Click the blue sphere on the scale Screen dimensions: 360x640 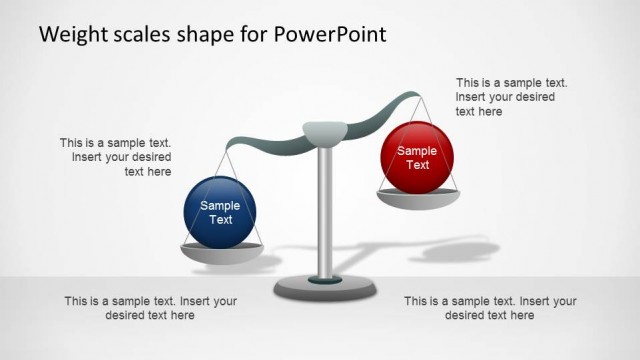click(220, 212)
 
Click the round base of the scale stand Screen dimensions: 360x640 click(324, 288)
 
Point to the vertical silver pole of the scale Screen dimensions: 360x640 click(324, 210)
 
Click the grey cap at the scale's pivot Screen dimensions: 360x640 click(324, 130)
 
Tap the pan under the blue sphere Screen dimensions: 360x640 click(219, 254)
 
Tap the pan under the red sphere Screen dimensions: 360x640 click(418, 198)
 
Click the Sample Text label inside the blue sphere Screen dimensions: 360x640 click(220, 212)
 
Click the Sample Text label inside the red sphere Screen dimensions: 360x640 click(417, 158)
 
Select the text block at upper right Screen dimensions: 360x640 click(505, 97)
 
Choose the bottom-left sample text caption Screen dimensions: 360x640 click(150, 308)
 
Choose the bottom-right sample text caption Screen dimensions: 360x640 click(490, 308)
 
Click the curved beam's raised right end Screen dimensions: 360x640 click(410, 97)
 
